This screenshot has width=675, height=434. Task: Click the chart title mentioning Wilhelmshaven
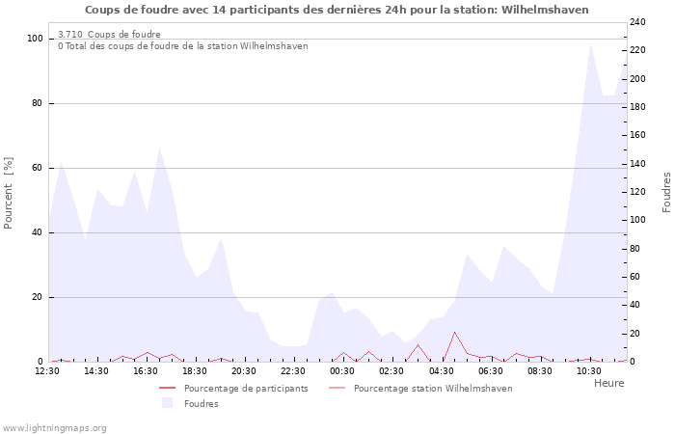point(337,10)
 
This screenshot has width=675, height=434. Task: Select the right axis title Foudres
point(666,192)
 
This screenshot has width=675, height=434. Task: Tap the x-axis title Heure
point(608,383)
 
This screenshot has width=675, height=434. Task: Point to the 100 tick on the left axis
point(35,39)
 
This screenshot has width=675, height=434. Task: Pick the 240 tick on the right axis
point(637,22)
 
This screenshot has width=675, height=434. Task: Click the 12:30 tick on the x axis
point(48,370)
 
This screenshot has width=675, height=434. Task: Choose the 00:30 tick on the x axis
point(342,370)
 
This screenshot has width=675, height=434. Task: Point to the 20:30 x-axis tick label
point(244,370)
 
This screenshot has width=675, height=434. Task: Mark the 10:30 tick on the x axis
point(588,370)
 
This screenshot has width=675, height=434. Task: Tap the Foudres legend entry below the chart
point(201,404)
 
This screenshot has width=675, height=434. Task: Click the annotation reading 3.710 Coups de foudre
point(109,35)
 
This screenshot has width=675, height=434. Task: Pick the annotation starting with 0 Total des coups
point(182,46)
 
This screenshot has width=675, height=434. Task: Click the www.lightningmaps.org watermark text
point(54,428)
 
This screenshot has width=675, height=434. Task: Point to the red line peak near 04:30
point(454,333)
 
